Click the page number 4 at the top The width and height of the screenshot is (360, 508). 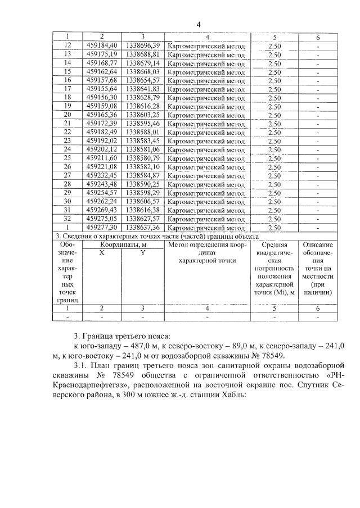click(x=198, y=24)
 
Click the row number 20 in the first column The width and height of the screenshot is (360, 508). click(x=68, y=115)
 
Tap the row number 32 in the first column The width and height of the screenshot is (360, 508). click(x=68, y=219)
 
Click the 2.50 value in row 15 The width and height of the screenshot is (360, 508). click(x=274, y=72)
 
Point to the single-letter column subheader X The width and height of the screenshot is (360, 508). click(x=102, y=253)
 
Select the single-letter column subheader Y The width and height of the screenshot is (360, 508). click(x=143, y=253)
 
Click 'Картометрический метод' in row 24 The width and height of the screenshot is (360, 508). click(x=207, y=149)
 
